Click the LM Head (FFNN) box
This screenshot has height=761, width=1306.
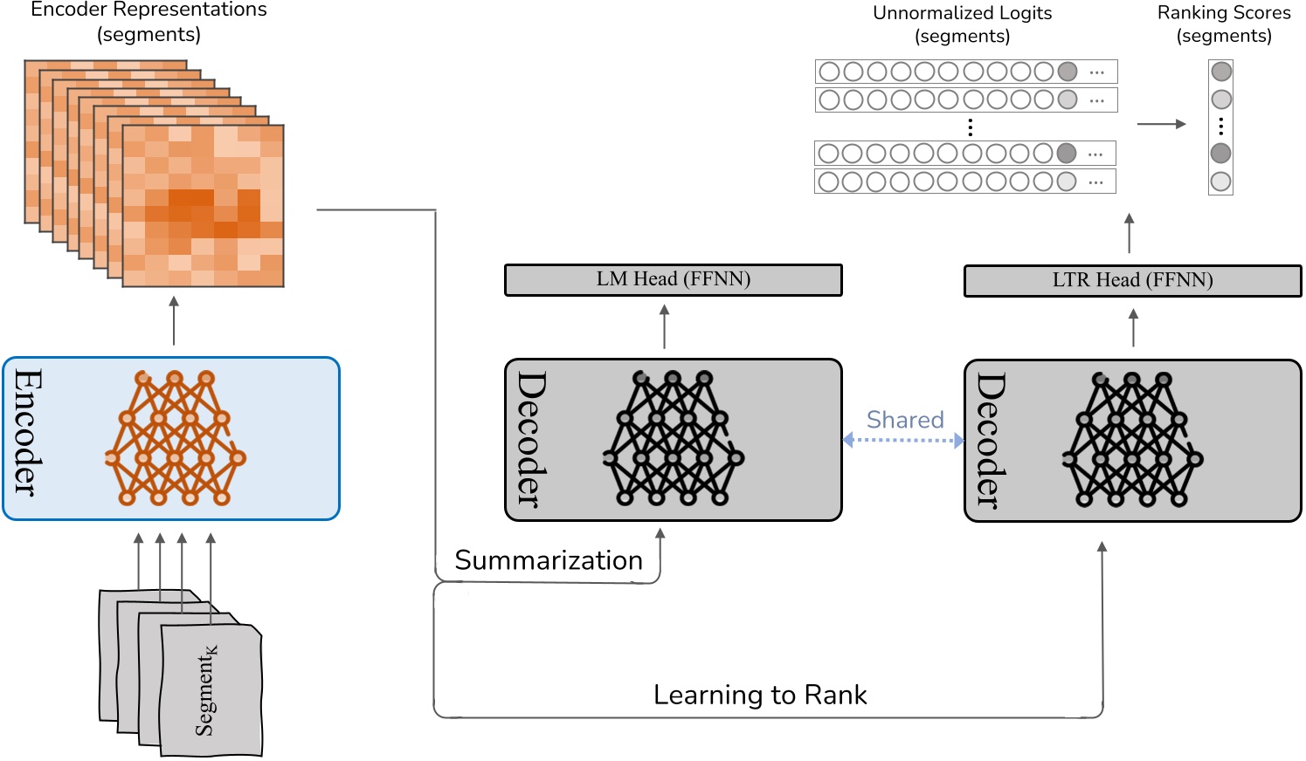[x=673, y=280]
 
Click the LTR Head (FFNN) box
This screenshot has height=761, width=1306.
[x=1132, y=281]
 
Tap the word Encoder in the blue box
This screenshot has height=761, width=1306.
[x=27, y=433]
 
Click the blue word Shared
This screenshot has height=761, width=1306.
[x=904, y=420]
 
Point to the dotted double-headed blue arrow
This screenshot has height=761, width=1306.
[x=903, y=441]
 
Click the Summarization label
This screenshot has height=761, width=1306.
[x=549, y=560]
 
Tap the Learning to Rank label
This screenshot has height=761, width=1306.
[x=760, y=695]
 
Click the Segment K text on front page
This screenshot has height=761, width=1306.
[x=207, y=690]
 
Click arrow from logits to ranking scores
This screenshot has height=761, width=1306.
[x=1161, y=124]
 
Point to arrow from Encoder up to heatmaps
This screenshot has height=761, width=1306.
[x=174, y=320]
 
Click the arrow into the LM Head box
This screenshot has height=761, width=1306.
[x=665, y=326]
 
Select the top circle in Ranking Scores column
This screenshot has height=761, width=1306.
[x=1221, y=72]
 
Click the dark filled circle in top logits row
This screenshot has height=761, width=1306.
[x=1068, y=72]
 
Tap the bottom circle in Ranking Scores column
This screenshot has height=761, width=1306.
[x=1221, y=182]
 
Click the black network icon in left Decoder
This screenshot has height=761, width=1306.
[x=673, y=438]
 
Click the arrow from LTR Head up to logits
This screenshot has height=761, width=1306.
[x=1130, y=233]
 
